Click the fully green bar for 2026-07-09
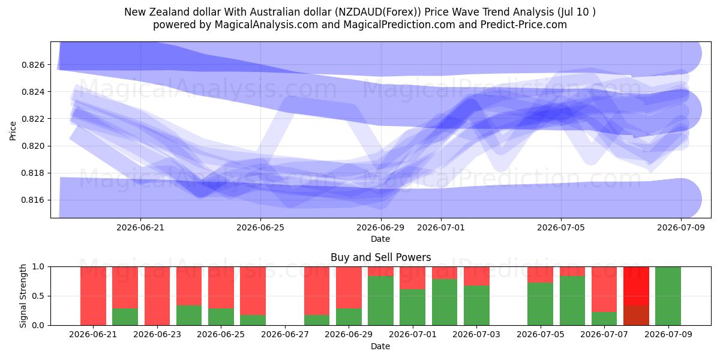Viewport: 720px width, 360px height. coord(668,296)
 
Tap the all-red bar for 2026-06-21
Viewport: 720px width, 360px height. coord(93,296)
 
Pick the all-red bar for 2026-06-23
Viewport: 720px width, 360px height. coord(157,296)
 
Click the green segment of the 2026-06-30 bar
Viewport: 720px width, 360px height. coord(380,301)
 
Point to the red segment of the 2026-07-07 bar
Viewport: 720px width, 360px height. coord(604,289)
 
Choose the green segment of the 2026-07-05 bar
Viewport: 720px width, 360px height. coord(541,304)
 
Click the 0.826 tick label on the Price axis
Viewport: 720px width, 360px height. coord(33,65)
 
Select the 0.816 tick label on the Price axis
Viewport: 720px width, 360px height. coord(33,200)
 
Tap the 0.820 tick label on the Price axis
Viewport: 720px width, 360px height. coord(33,146)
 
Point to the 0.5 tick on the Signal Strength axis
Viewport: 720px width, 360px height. coord(38,296)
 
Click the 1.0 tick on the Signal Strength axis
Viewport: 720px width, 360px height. coord(38,266)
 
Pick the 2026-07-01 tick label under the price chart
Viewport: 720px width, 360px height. coord(440,227)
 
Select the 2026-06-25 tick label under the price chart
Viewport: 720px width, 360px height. coord(260,227)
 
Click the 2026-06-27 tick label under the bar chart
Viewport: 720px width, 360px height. coord(285,334)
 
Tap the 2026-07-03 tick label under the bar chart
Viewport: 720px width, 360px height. coord(476,334)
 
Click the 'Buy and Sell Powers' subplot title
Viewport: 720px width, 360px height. coord(380,257)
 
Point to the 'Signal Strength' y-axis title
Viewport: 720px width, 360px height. coord(23,296)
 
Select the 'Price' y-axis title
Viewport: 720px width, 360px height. coord(13,131)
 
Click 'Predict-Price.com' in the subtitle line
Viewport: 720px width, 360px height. coord(524,25)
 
